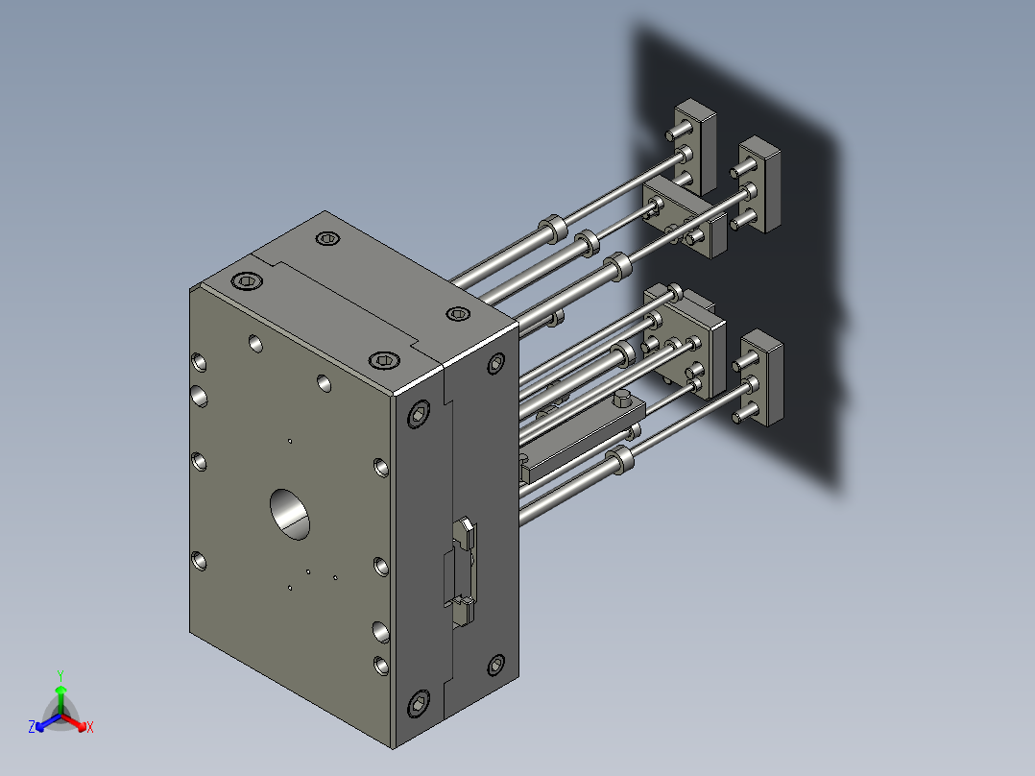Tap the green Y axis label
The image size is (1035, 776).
tap(60, 675)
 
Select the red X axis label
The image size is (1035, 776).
tap(90, 728)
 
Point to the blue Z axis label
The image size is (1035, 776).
tap(32, 728)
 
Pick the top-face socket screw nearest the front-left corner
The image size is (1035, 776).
tap(247, 280)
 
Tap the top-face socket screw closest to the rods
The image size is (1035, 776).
tap(459, 314)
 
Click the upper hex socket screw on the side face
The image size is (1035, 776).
tap(420, 415)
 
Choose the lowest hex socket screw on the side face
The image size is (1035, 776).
tap(420, 705)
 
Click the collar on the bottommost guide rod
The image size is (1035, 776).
tap(622, 460)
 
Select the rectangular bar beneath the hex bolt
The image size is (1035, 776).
tap(576, 448)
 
